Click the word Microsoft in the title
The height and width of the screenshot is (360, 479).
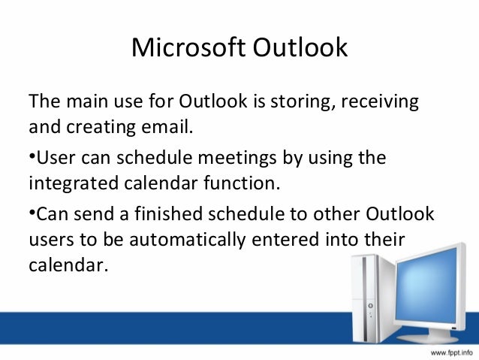[188, 47]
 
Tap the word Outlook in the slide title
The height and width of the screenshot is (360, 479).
[300, 47]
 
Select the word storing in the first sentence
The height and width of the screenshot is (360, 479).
[303, 102]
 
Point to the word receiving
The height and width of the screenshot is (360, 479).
[380, 102]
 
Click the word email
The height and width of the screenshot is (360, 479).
[167, 126]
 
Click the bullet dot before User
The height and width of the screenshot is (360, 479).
[32, 156]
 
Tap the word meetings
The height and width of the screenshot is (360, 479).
[237, 159]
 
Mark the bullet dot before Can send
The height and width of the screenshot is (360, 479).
[32, 211]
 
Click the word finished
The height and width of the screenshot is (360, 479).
[169, 213]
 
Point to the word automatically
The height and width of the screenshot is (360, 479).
[188, 240]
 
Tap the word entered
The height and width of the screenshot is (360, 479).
[285, 240]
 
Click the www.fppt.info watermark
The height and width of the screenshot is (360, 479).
[451, 352]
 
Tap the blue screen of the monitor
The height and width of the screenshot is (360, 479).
[426, 286]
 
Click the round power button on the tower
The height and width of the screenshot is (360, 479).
[371, 306]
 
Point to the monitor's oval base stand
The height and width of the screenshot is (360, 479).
[427, 338]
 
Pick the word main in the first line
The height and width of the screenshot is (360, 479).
[87, 101]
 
